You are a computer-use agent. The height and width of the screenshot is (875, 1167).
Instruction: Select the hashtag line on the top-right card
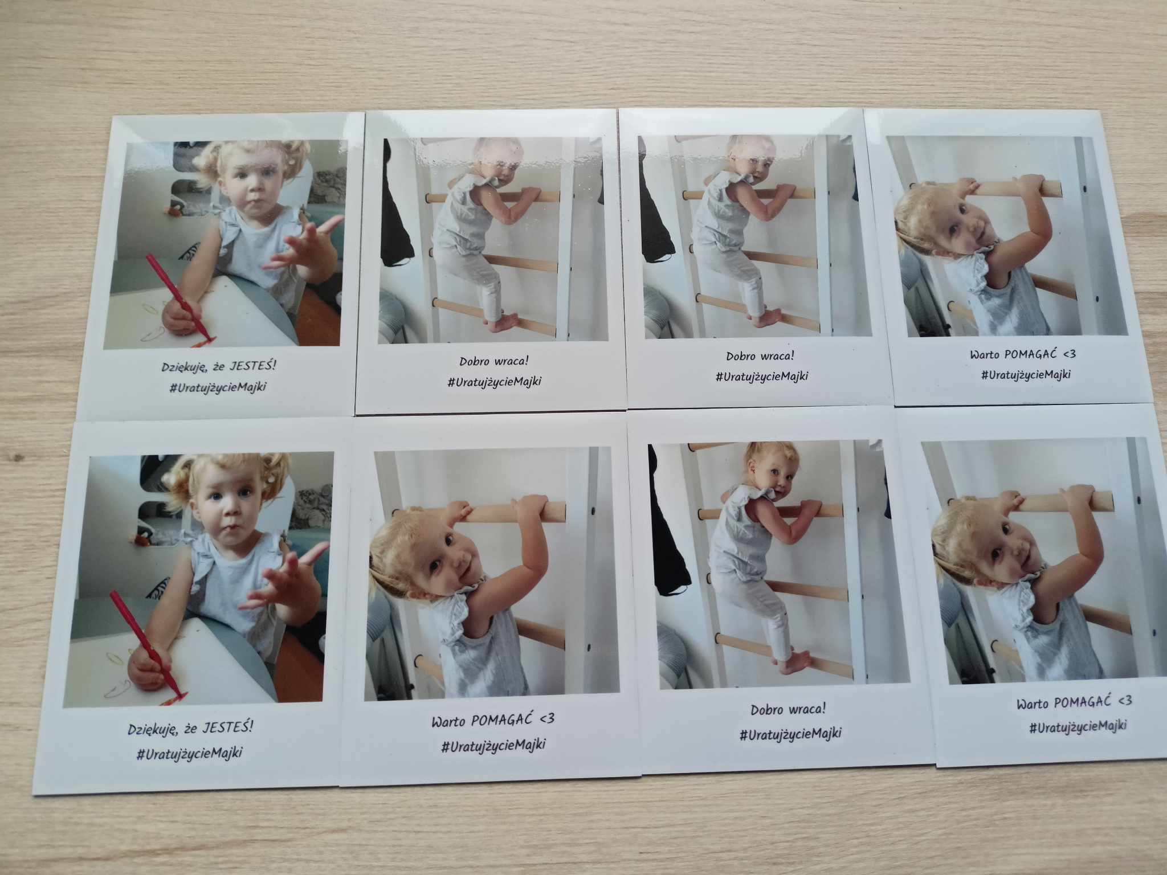[x=1026, y=374]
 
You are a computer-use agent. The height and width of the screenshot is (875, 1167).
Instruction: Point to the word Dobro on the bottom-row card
[x=766, y=710]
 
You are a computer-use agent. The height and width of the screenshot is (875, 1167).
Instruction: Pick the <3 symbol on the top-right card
[x=1068, y=353]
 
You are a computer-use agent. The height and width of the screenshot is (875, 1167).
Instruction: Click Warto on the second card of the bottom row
[x=448, y=722]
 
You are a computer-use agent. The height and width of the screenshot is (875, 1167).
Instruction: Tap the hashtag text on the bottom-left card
[x=189, y=754]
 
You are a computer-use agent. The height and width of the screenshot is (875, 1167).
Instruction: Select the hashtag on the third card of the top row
[x=762, y=376]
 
